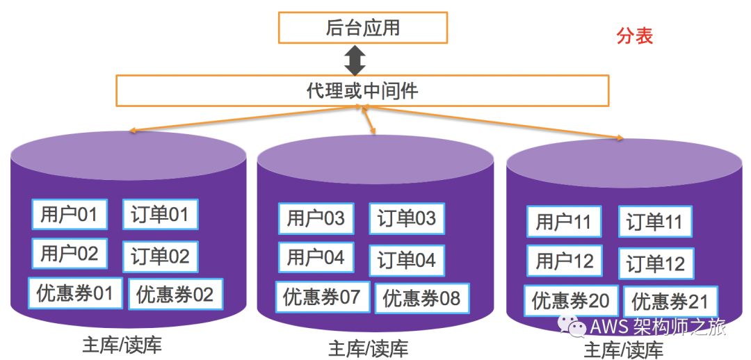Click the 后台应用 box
(362, 28)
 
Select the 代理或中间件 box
(362, 90)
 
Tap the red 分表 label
(634, 36)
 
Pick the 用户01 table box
(69, 214)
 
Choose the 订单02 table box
(160, 256)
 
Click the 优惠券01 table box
(75, 293)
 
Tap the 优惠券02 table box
(175, 294)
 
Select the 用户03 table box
(316, 219)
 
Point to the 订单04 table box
(407, 261)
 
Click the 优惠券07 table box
(321, 297)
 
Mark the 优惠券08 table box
(422, 299)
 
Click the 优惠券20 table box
(570, 301)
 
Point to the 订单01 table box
(160, 215)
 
